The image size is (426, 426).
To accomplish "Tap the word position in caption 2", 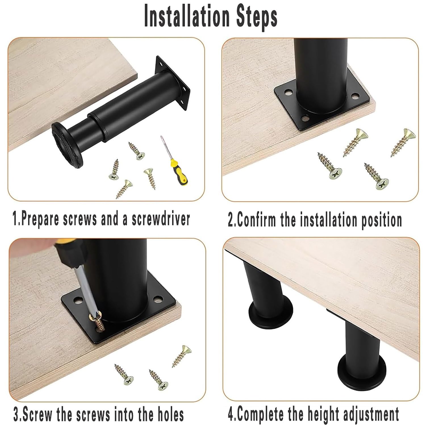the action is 381,220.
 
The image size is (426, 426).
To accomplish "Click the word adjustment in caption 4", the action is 370,415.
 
